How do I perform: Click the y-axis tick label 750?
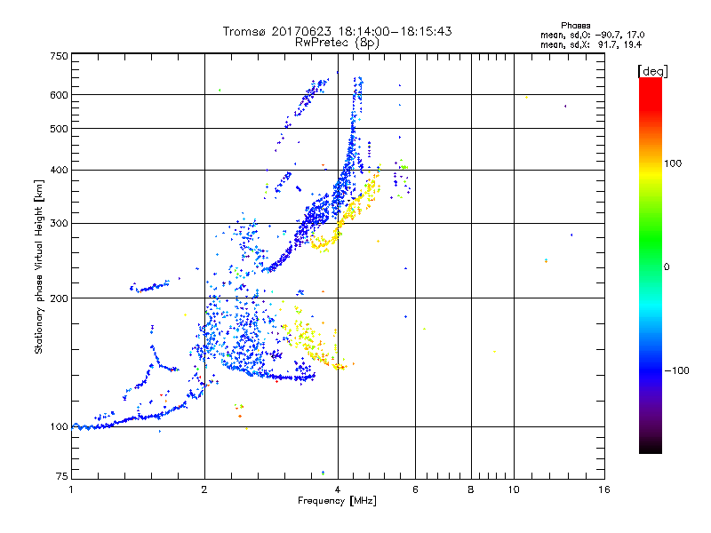tap(59, 56)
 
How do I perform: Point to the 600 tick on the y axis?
tap(59, 95)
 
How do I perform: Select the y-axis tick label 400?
tap(59, 170)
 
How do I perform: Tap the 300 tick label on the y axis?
tap(59, 223)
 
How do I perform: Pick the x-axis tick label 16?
tap(604, 489)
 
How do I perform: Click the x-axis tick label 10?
tap(513, 489)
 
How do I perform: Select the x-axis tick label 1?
tap(71, 489)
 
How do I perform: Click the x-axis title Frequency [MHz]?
tap(338, 502)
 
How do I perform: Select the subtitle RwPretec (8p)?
tap(337, 42)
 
